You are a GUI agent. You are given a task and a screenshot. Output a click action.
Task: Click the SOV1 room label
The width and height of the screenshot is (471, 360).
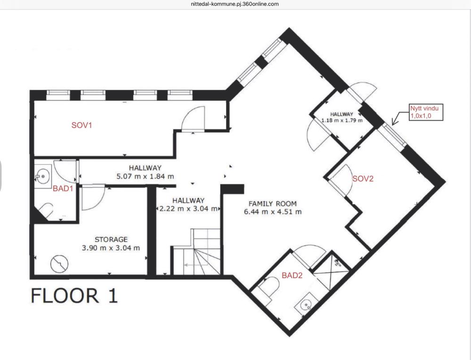click(x=81, y=125)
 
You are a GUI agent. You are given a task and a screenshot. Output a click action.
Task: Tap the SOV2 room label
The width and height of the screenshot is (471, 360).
click(x=363, y=179)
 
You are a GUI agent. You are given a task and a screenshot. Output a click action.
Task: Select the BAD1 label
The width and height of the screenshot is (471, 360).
click(x=63, y=189)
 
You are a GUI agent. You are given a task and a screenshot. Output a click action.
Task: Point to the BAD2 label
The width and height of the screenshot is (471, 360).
click(x=292, y=275)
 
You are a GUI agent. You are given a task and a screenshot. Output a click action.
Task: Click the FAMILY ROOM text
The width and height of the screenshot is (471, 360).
click(x=272, y=204)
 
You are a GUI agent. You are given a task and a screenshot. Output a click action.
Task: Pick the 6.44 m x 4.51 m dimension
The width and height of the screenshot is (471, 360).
click(x=273, y=212)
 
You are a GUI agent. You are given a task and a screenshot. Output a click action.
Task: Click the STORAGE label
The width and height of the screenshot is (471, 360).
click(x=111, y=240)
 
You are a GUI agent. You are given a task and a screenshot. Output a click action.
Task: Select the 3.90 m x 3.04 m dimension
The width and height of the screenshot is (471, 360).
click(x=111, y=248)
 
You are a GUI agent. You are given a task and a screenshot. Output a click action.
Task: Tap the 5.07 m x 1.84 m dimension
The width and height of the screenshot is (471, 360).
click(x=145, y=176)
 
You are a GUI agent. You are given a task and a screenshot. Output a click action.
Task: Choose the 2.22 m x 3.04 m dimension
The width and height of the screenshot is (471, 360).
click(x=188, y=208)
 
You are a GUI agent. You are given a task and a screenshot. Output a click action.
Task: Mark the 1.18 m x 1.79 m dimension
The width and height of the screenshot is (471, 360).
click(x=342, y=120)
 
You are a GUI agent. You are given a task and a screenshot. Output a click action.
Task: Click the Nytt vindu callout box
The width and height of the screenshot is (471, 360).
click(x=426, y=112)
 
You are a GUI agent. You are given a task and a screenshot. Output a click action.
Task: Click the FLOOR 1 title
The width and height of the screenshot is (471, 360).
click(x=74, y=296)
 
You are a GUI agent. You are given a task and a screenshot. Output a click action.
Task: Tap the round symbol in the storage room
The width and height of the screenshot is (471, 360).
click(x=59, y=264)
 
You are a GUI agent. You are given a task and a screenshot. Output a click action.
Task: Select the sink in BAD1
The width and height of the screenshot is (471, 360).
click(x=43, y=176)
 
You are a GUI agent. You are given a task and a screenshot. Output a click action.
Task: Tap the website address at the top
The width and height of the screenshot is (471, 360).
click(x=235, y=4)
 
